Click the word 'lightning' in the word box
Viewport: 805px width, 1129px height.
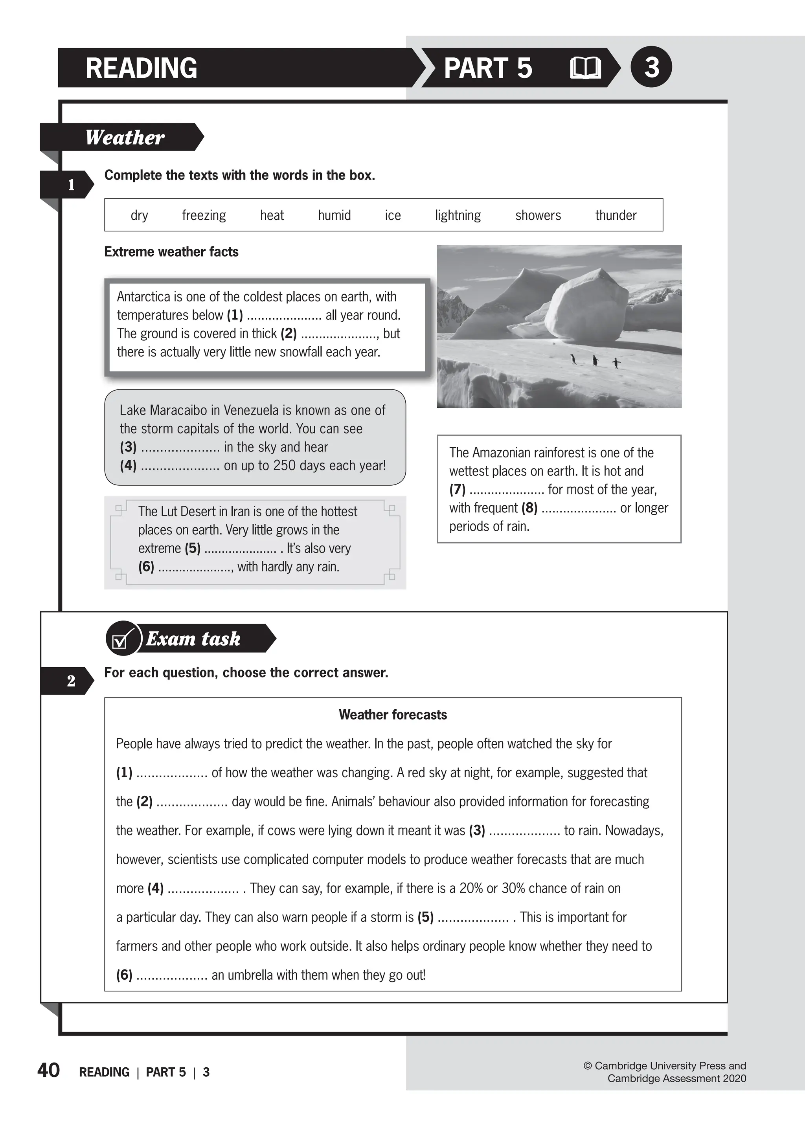coord(458,216)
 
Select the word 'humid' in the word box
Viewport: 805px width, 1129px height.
coord(334,216)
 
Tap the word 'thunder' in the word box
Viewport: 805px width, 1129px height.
coord(616,216)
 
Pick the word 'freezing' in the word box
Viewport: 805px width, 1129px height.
coord(204,216)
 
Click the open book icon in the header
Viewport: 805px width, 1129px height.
coord(585,68)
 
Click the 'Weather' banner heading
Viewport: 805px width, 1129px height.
coord(125,137)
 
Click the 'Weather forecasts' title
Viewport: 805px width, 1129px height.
coord(393,715)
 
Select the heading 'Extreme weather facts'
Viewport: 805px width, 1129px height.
coord(171,252)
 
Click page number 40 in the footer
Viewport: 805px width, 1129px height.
coord(49,1070)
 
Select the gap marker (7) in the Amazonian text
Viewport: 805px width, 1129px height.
coord(457,490)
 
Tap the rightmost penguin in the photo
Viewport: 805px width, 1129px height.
coord(616,363)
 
